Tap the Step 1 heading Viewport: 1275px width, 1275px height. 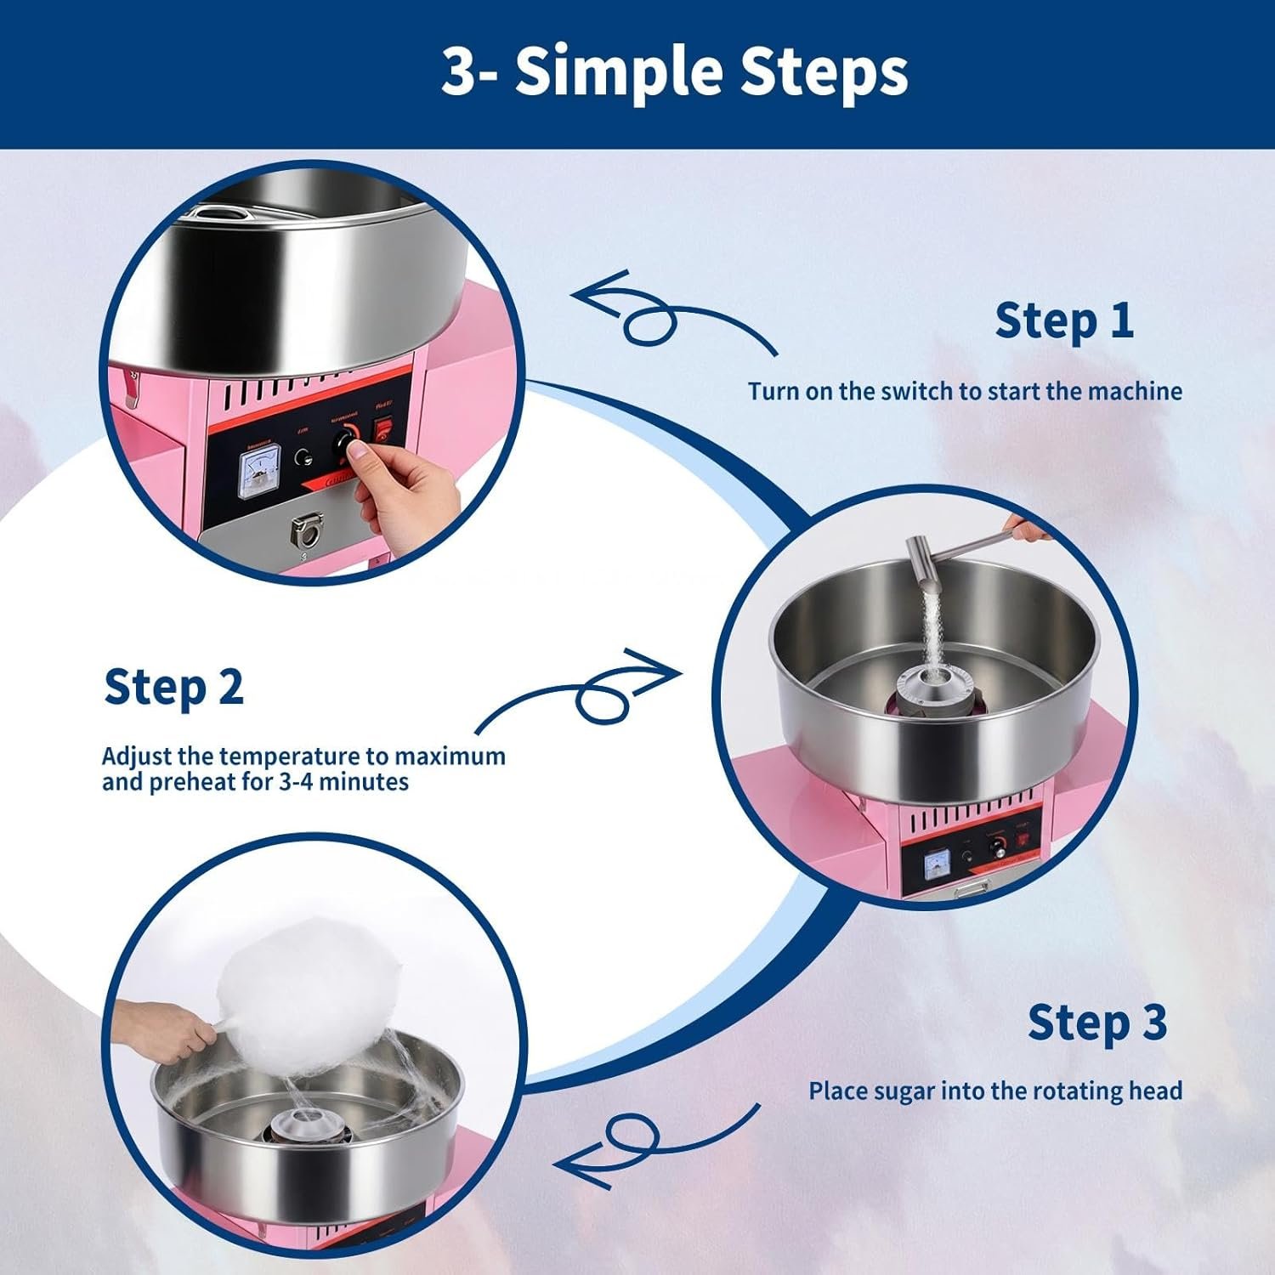(1064, 320)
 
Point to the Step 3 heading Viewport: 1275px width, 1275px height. (1097, 1022)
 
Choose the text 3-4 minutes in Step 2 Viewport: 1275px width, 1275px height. (343, 781)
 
